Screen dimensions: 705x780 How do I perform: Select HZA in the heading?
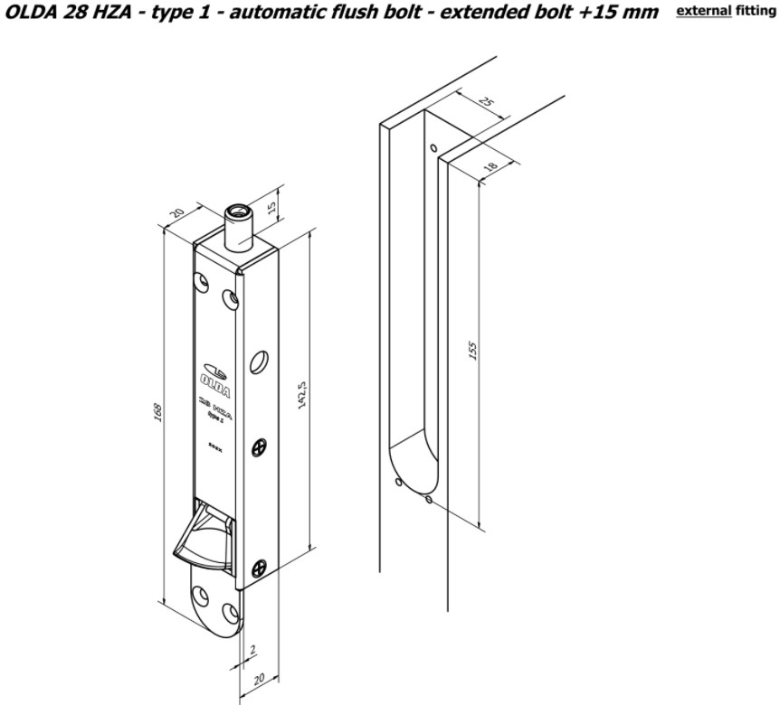coord(109,14)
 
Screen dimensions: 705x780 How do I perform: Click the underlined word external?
coord(703,13)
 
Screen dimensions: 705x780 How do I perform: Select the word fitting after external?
coord(756,13)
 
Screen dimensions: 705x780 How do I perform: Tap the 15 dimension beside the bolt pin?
coord(273,211)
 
